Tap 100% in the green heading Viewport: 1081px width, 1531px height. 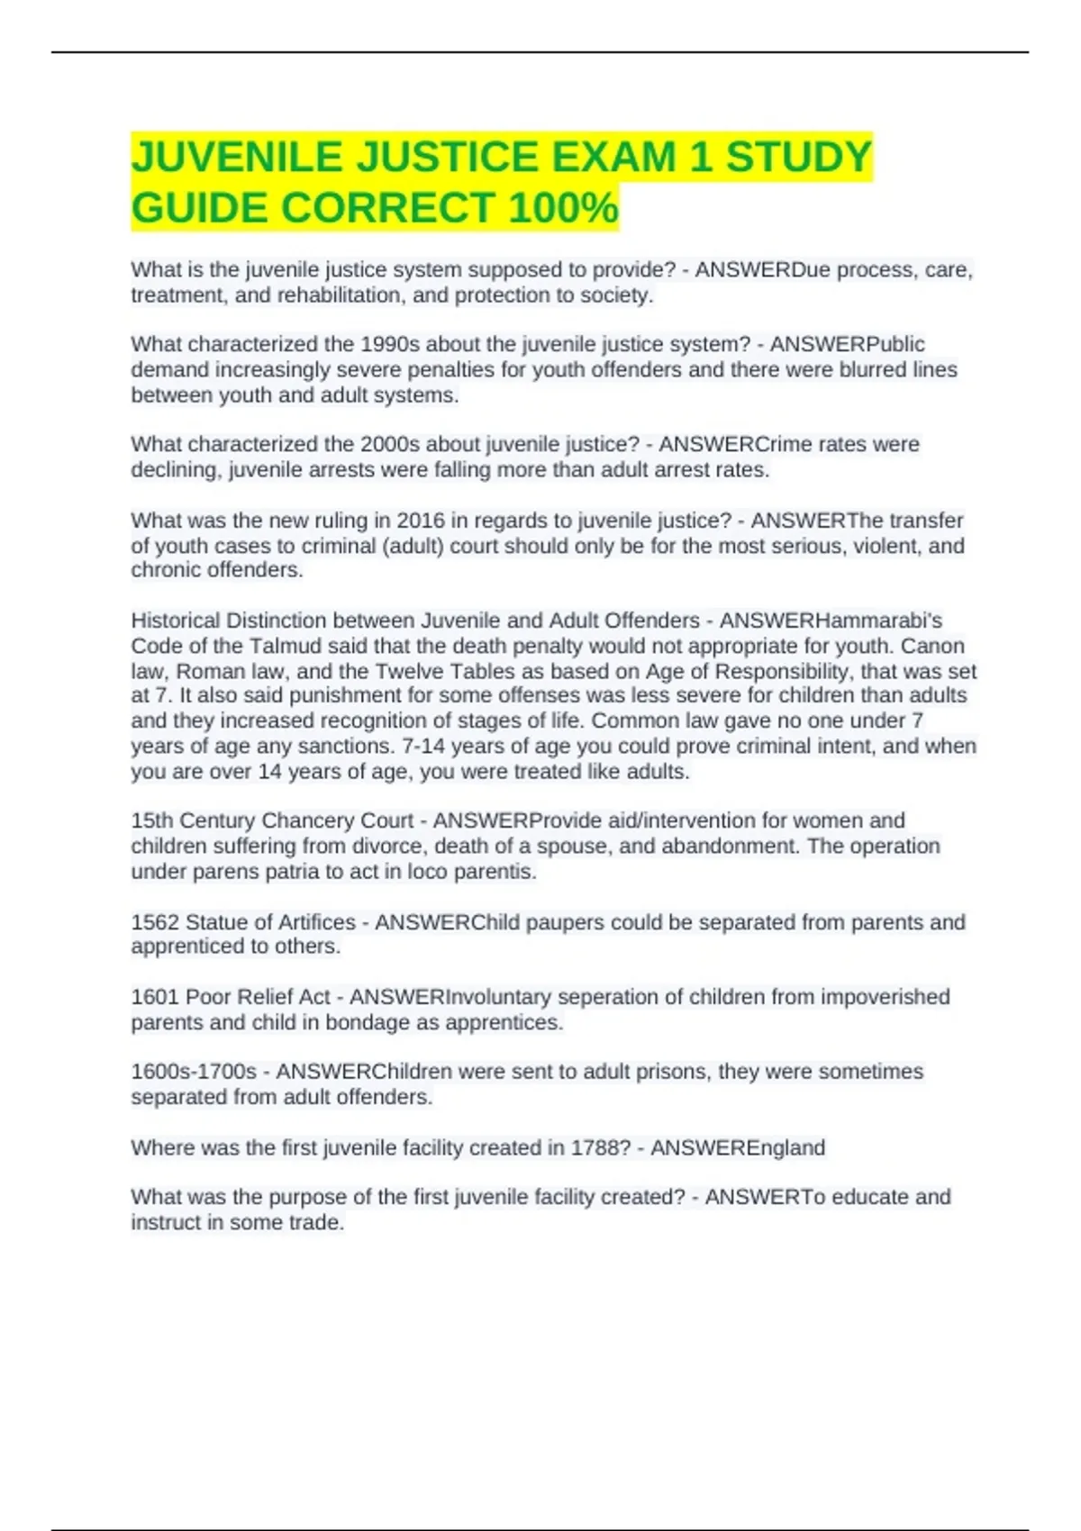(x=563, y=208)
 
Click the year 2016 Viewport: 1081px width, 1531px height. (x=421, y=521)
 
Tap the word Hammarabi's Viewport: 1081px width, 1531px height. (x=831, y=621)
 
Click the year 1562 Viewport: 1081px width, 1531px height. (x=155, y=922)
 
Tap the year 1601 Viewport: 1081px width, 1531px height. (x=155, y=997)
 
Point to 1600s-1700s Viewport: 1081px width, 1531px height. (x=194, y=1072)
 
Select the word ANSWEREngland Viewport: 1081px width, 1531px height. (x=737, y=1147)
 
